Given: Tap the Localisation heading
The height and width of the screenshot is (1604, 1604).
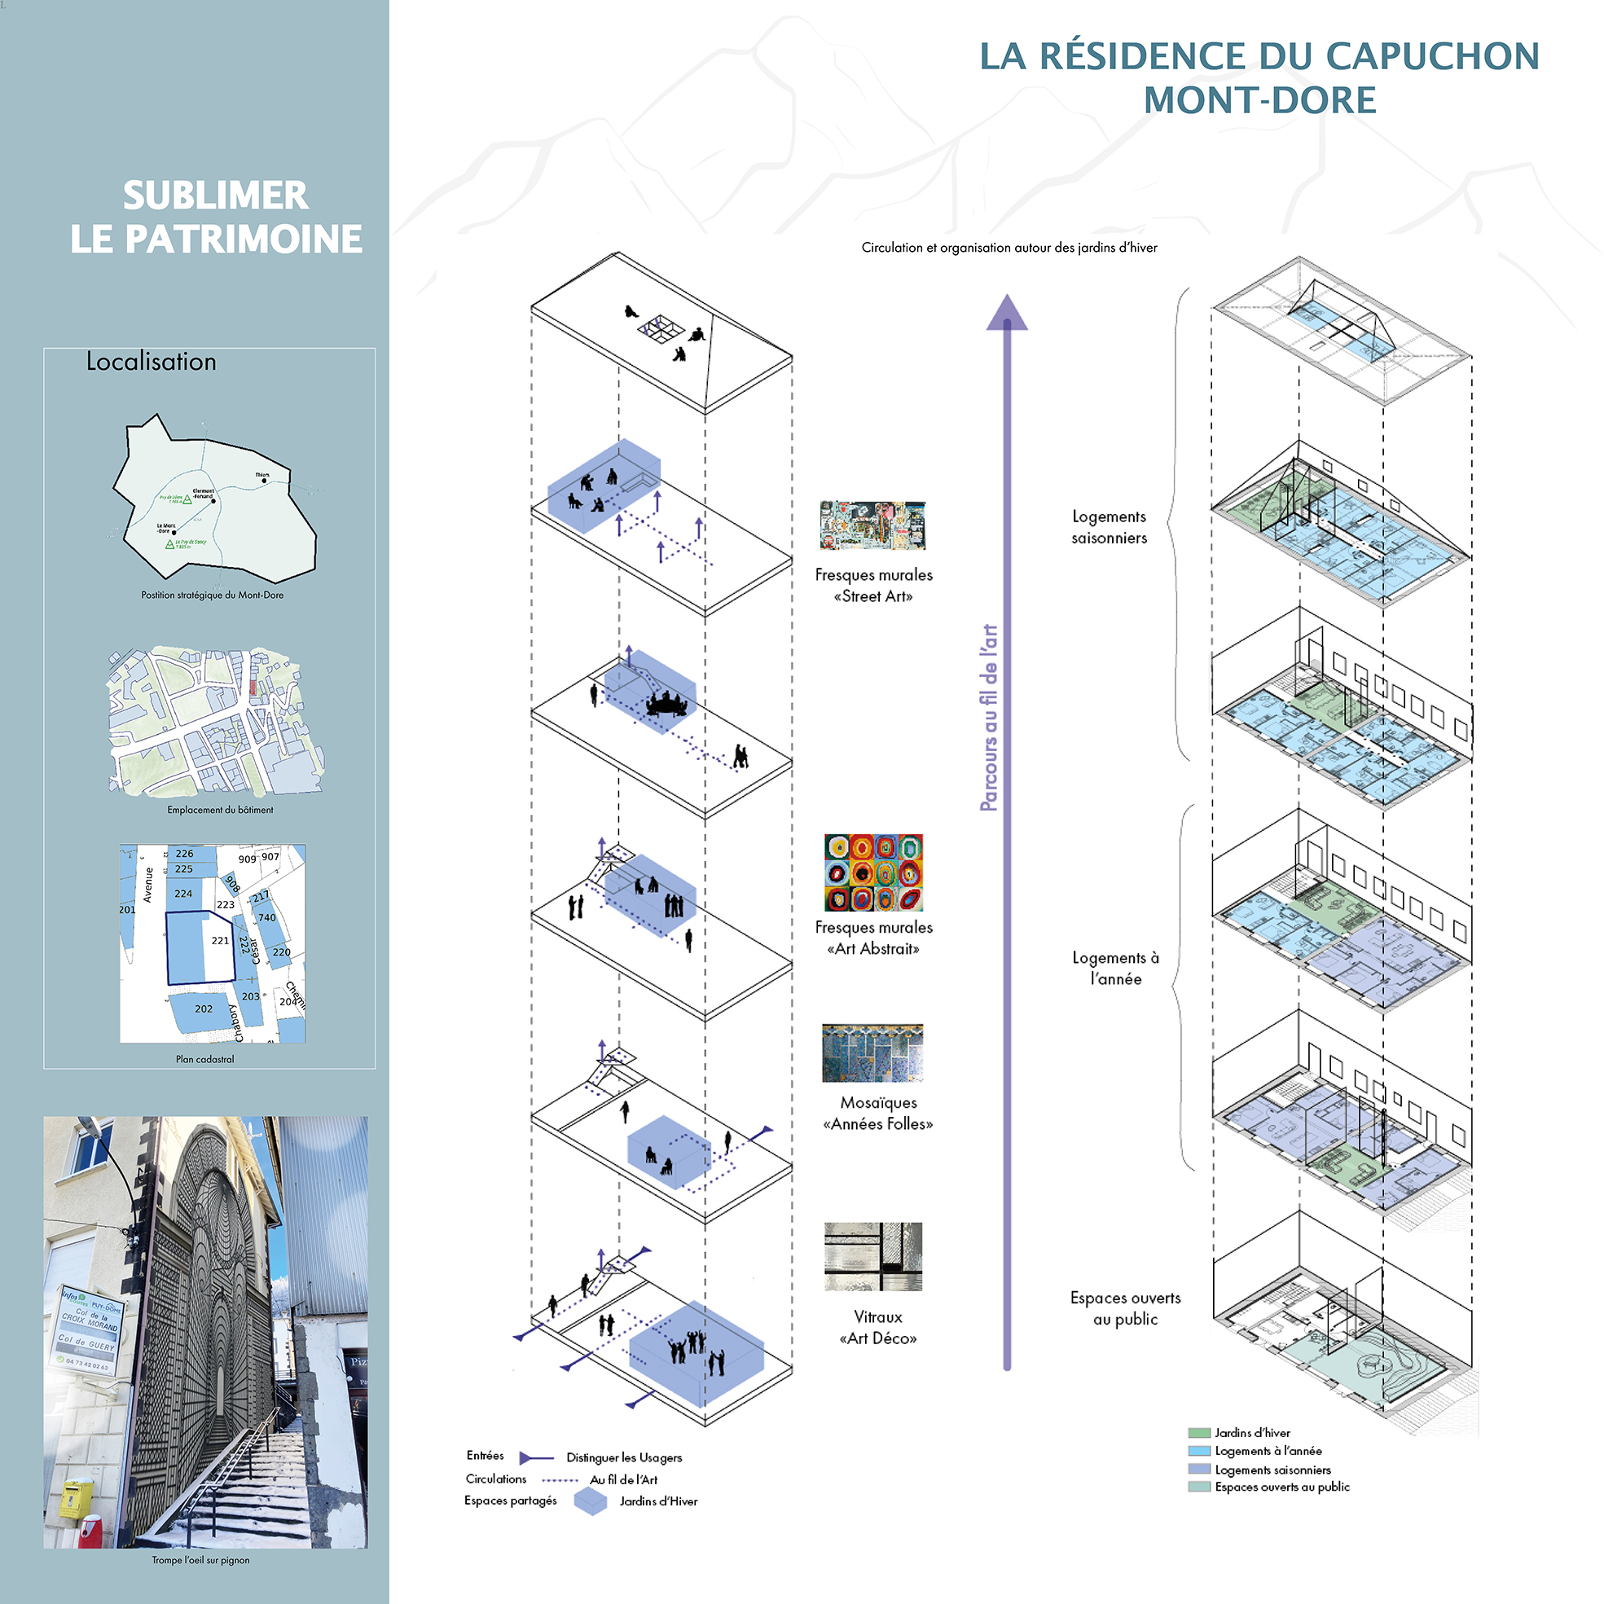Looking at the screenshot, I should tap(151, 362).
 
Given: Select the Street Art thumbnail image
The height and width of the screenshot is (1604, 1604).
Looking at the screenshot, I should tap(872, 525).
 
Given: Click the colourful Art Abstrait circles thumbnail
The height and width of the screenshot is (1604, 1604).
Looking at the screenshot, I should tap(873, 872).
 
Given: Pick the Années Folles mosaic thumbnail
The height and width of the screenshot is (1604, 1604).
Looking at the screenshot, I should tap(872, 1052).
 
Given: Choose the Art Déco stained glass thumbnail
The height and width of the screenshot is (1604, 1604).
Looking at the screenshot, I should tap(872, 1256).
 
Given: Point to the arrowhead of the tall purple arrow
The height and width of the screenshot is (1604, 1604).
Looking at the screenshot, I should tap(1007, 313).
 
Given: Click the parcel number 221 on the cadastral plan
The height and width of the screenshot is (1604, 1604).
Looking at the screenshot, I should tap(220, 941).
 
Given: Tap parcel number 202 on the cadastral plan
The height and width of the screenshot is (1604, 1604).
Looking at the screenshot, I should tap(204, 1009).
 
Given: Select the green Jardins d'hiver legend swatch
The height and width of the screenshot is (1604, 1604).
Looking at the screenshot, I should tap(1199, 1433).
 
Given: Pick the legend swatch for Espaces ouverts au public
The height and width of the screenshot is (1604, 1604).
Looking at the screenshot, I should tap(1199, 1487).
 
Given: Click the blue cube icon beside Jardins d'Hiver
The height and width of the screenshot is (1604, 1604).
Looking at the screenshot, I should tap(591, 1501).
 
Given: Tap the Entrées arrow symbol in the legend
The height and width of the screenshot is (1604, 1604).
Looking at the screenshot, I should tap(535, 1458).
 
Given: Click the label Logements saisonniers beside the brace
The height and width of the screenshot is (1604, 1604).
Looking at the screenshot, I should tap(1109, 527).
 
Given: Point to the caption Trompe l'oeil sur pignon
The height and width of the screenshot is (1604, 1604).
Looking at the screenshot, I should tap(200, 1560).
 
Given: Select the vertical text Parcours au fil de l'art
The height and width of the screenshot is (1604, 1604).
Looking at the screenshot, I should tap(988, 718).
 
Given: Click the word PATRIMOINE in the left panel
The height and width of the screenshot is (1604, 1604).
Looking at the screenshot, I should tap(244, 240).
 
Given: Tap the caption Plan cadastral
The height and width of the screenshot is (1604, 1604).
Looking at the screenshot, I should tap(205, 1059).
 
